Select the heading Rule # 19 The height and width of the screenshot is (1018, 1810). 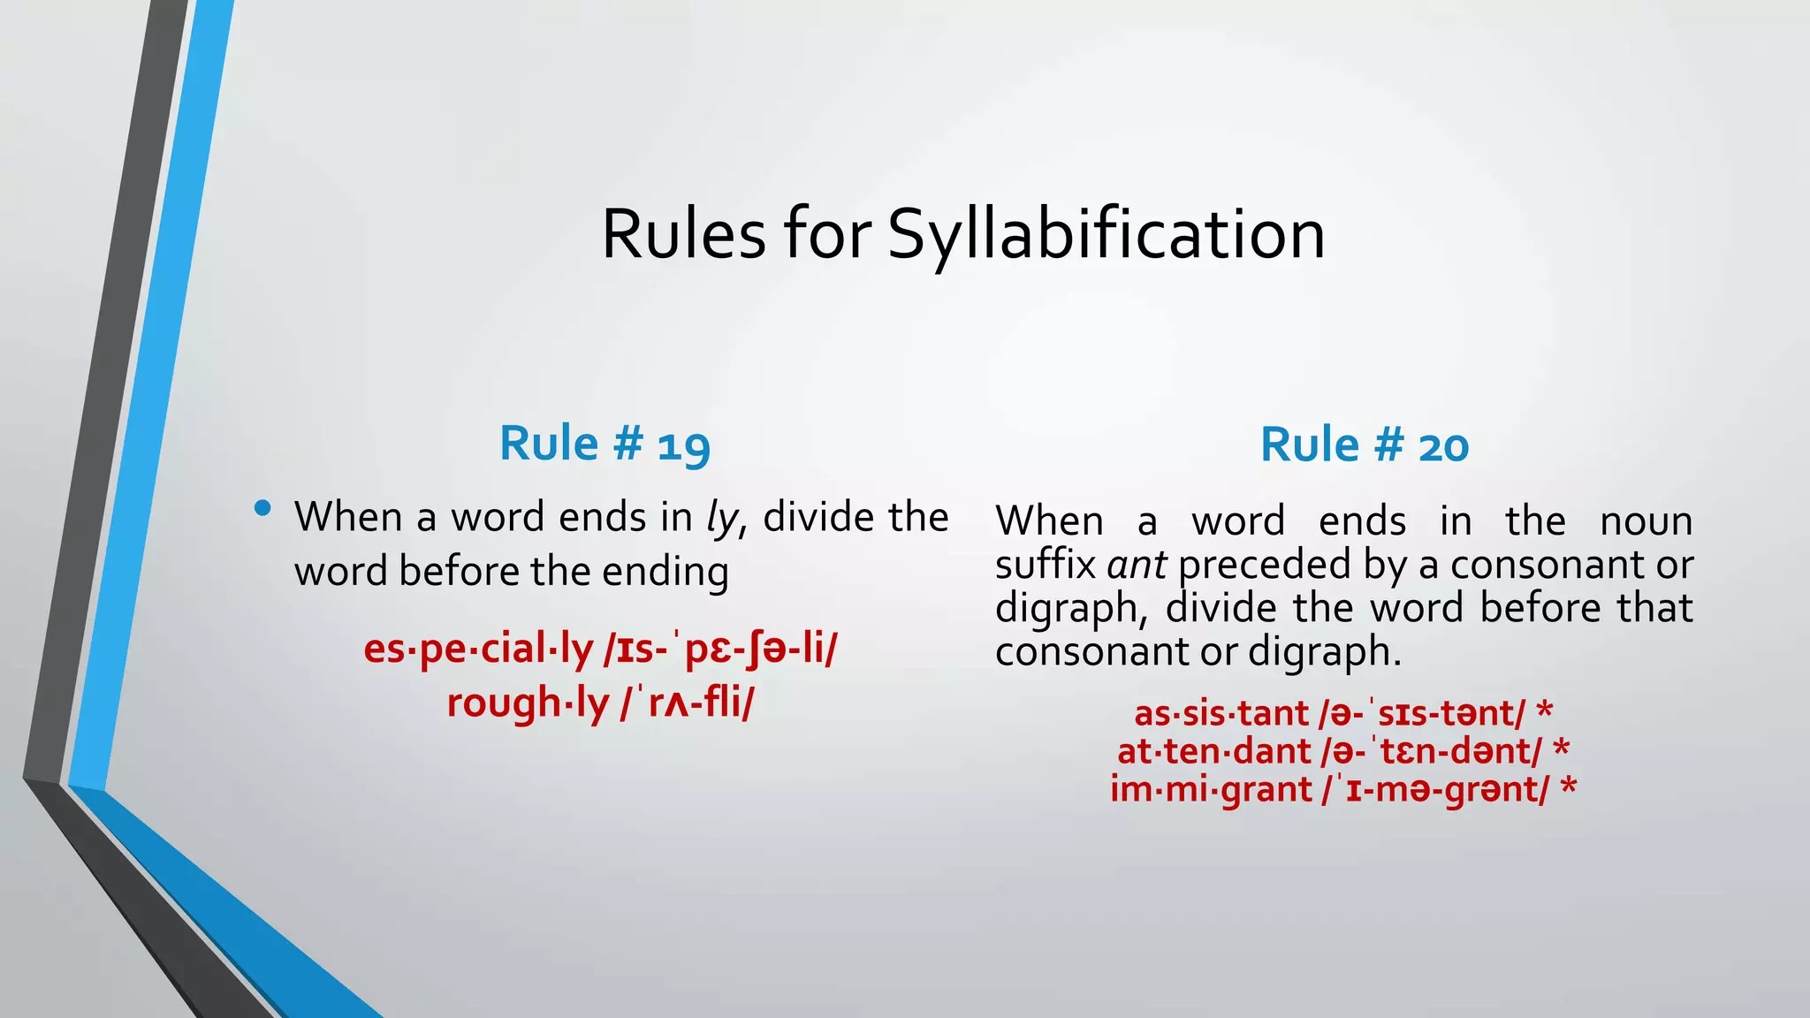coord(605,444)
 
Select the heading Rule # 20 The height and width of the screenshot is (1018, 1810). coord(1364,444)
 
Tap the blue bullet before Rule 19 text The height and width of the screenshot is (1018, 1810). coord(262,508)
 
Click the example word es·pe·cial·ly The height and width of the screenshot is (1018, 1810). coord(478,650)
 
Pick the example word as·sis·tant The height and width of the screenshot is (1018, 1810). coord(1221,713)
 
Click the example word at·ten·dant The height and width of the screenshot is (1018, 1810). coord(1215,751)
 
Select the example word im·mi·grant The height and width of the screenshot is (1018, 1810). coord(1210,789)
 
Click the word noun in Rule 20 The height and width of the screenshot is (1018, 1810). coord(1646,521)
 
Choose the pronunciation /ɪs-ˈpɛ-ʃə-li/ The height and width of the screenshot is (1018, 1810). coord(719,650)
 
